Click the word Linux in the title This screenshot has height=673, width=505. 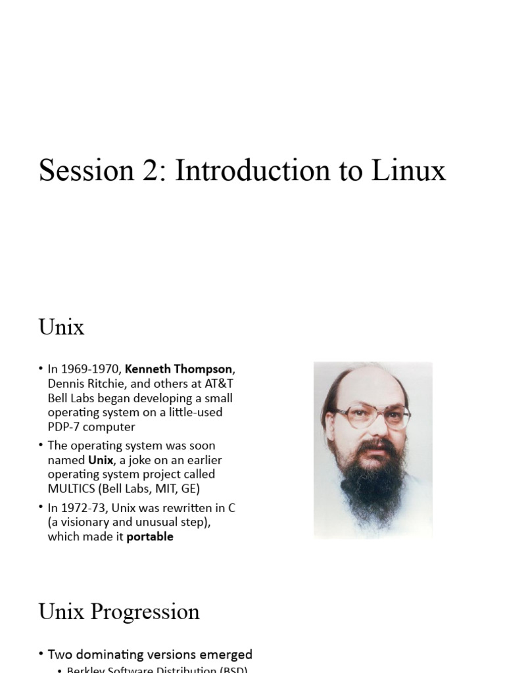(x=409, y=171)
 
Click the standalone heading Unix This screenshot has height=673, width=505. (x=61, y=327)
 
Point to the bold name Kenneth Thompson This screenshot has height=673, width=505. (x=178, y=369)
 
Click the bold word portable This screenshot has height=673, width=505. (x=150, y=536)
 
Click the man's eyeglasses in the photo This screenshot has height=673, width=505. (x=373, y=417)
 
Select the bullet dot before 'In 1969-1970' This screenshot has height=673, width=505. (x=41, y=369)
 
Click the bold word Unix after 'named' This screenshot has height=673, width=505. (x=101, y=460)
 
